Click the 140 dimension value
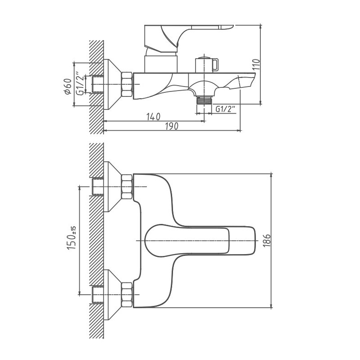pyautogui.click(x=154, y=117)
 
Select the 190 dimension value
pyautogui.click(x=171, y=127)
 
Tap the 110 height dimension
pyautogui.click(x=256, y=65)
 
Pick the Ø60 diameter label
pyautogui.click(x=68, y=86)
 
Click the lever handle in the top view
pyautogui.click(x=198, y=239)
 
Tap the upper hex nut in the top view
pyautogui.click(x=127, y=187)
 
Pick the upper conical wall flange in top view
pyautogui.click(x=113, y=187)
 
